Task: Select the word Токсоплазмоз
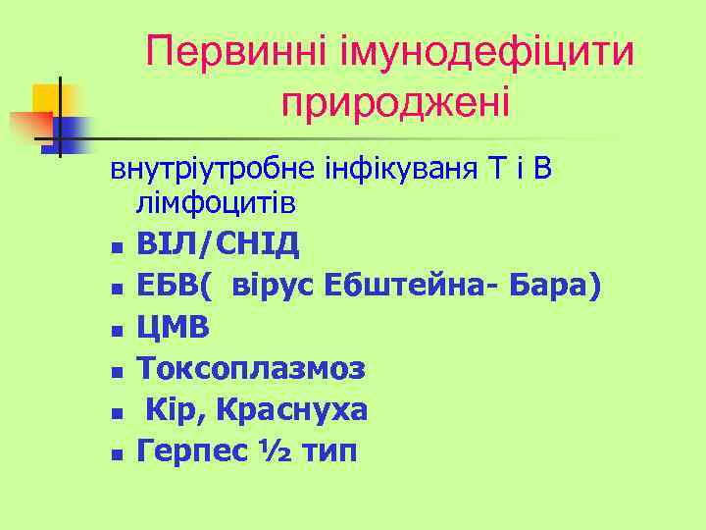tap(252, 369)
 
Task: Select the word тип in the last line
tap(328, 451)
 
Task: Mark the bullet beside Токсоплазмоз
tap(117, 372)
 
